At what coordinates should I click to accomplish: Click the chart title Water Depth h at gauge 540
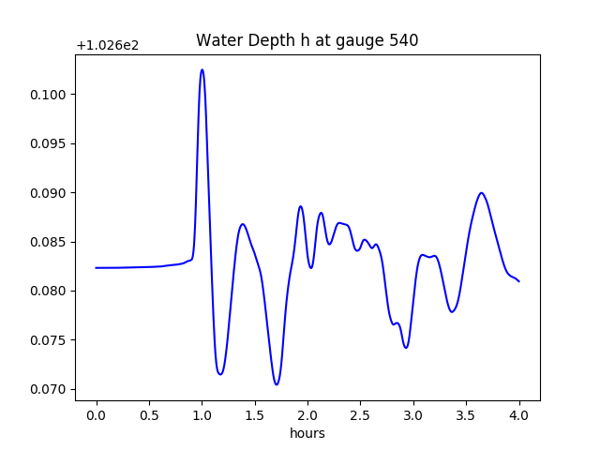coord(307,40)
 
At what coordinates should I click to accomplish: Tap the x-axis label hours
coord(307,433)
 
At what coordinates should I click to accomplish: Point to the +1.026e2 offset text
coord(108,45)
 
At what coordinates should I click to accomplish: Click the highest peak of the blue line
coord(202,69)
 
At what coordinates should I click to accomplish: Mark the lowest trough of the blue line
coord(277,384)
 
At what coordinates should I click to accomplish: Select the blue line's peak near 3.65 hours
coord(482,193)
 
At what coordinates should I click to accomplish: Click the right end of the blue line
coord(519,281)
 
